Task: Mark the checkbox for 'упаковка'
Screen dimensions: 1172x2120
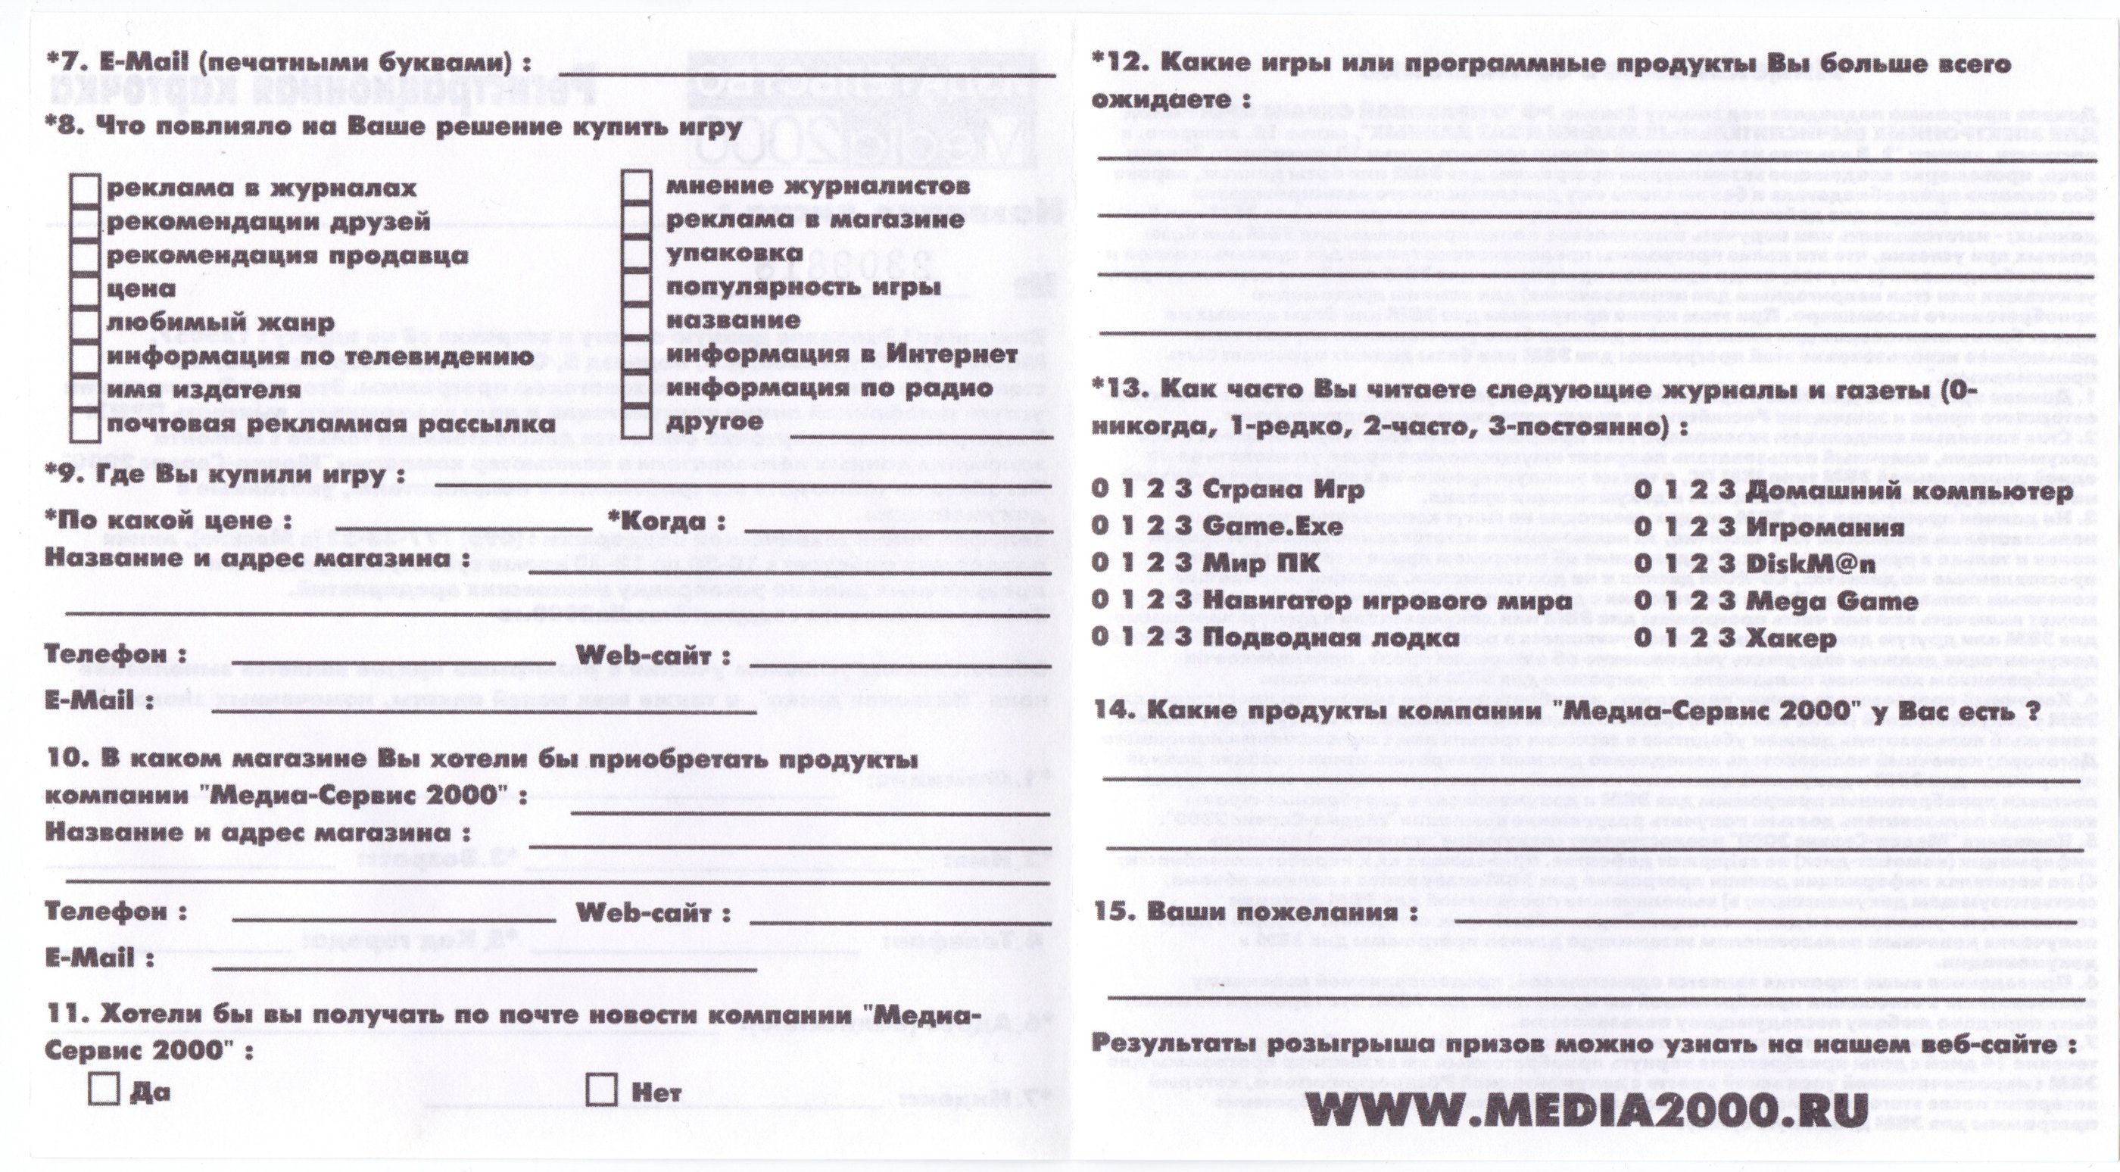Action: click(635, 254)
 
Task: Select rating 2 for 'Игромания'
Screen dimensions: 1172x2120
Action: click(1696, 527)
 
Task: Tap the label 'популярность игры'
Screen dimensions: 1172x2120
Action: click(803, 288)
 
